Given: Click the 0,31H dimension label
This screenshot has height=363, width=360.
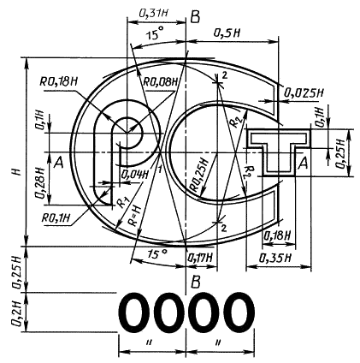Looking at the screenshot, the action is (153, 14).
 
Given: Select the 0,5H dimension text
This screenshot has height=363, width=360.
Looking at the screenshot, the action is (227, 33).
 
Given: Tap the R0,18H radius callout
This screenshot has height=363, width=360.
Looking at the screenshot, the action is (59, 82).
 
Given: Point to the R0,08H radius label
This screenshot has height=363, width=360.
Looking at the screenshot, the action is (160, 82).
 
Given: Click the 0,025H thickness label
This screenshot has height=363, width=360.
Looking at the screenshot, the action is (304, 92).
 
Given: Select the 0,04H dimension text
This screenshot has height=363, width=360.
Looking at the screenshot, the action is (135, 175).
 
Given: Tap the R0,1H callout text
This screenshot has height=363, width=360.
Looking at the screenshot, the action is (56, 218).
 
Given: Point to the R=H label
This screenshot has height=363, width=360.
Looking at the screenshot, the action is (136, 216).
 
